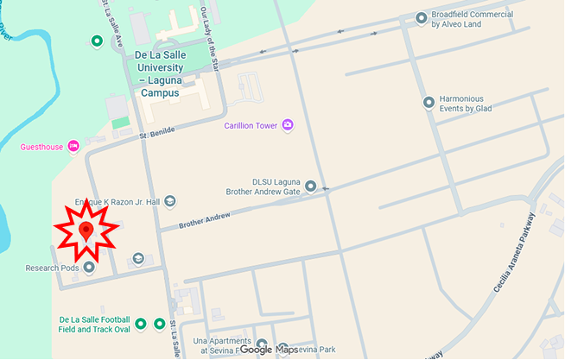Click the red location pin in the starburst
[x=86, y=231]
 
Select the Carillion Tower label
[x=250, y=126]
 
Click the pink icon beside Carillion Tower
[x=288, y=126]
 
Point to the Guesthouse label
[x=41, y=147]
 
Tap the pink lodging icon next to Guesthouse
[x=73, y=146]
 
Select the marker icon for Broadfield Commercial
[x=421, y=17]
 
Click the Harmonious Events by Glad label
[x=477, y=104]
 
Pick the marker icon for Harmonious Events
[x=429, y=103]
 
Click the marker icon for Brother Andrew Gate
[x=310, y=186]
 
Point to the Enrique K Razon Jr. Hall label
[x=118, y=201]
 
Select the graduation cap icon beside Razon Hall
[x=170, y=201]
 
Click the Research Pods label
[x=52, y=268]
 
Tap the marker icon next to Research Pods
[x=88, y=268]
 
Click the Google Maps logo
[x=268, y=350]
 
